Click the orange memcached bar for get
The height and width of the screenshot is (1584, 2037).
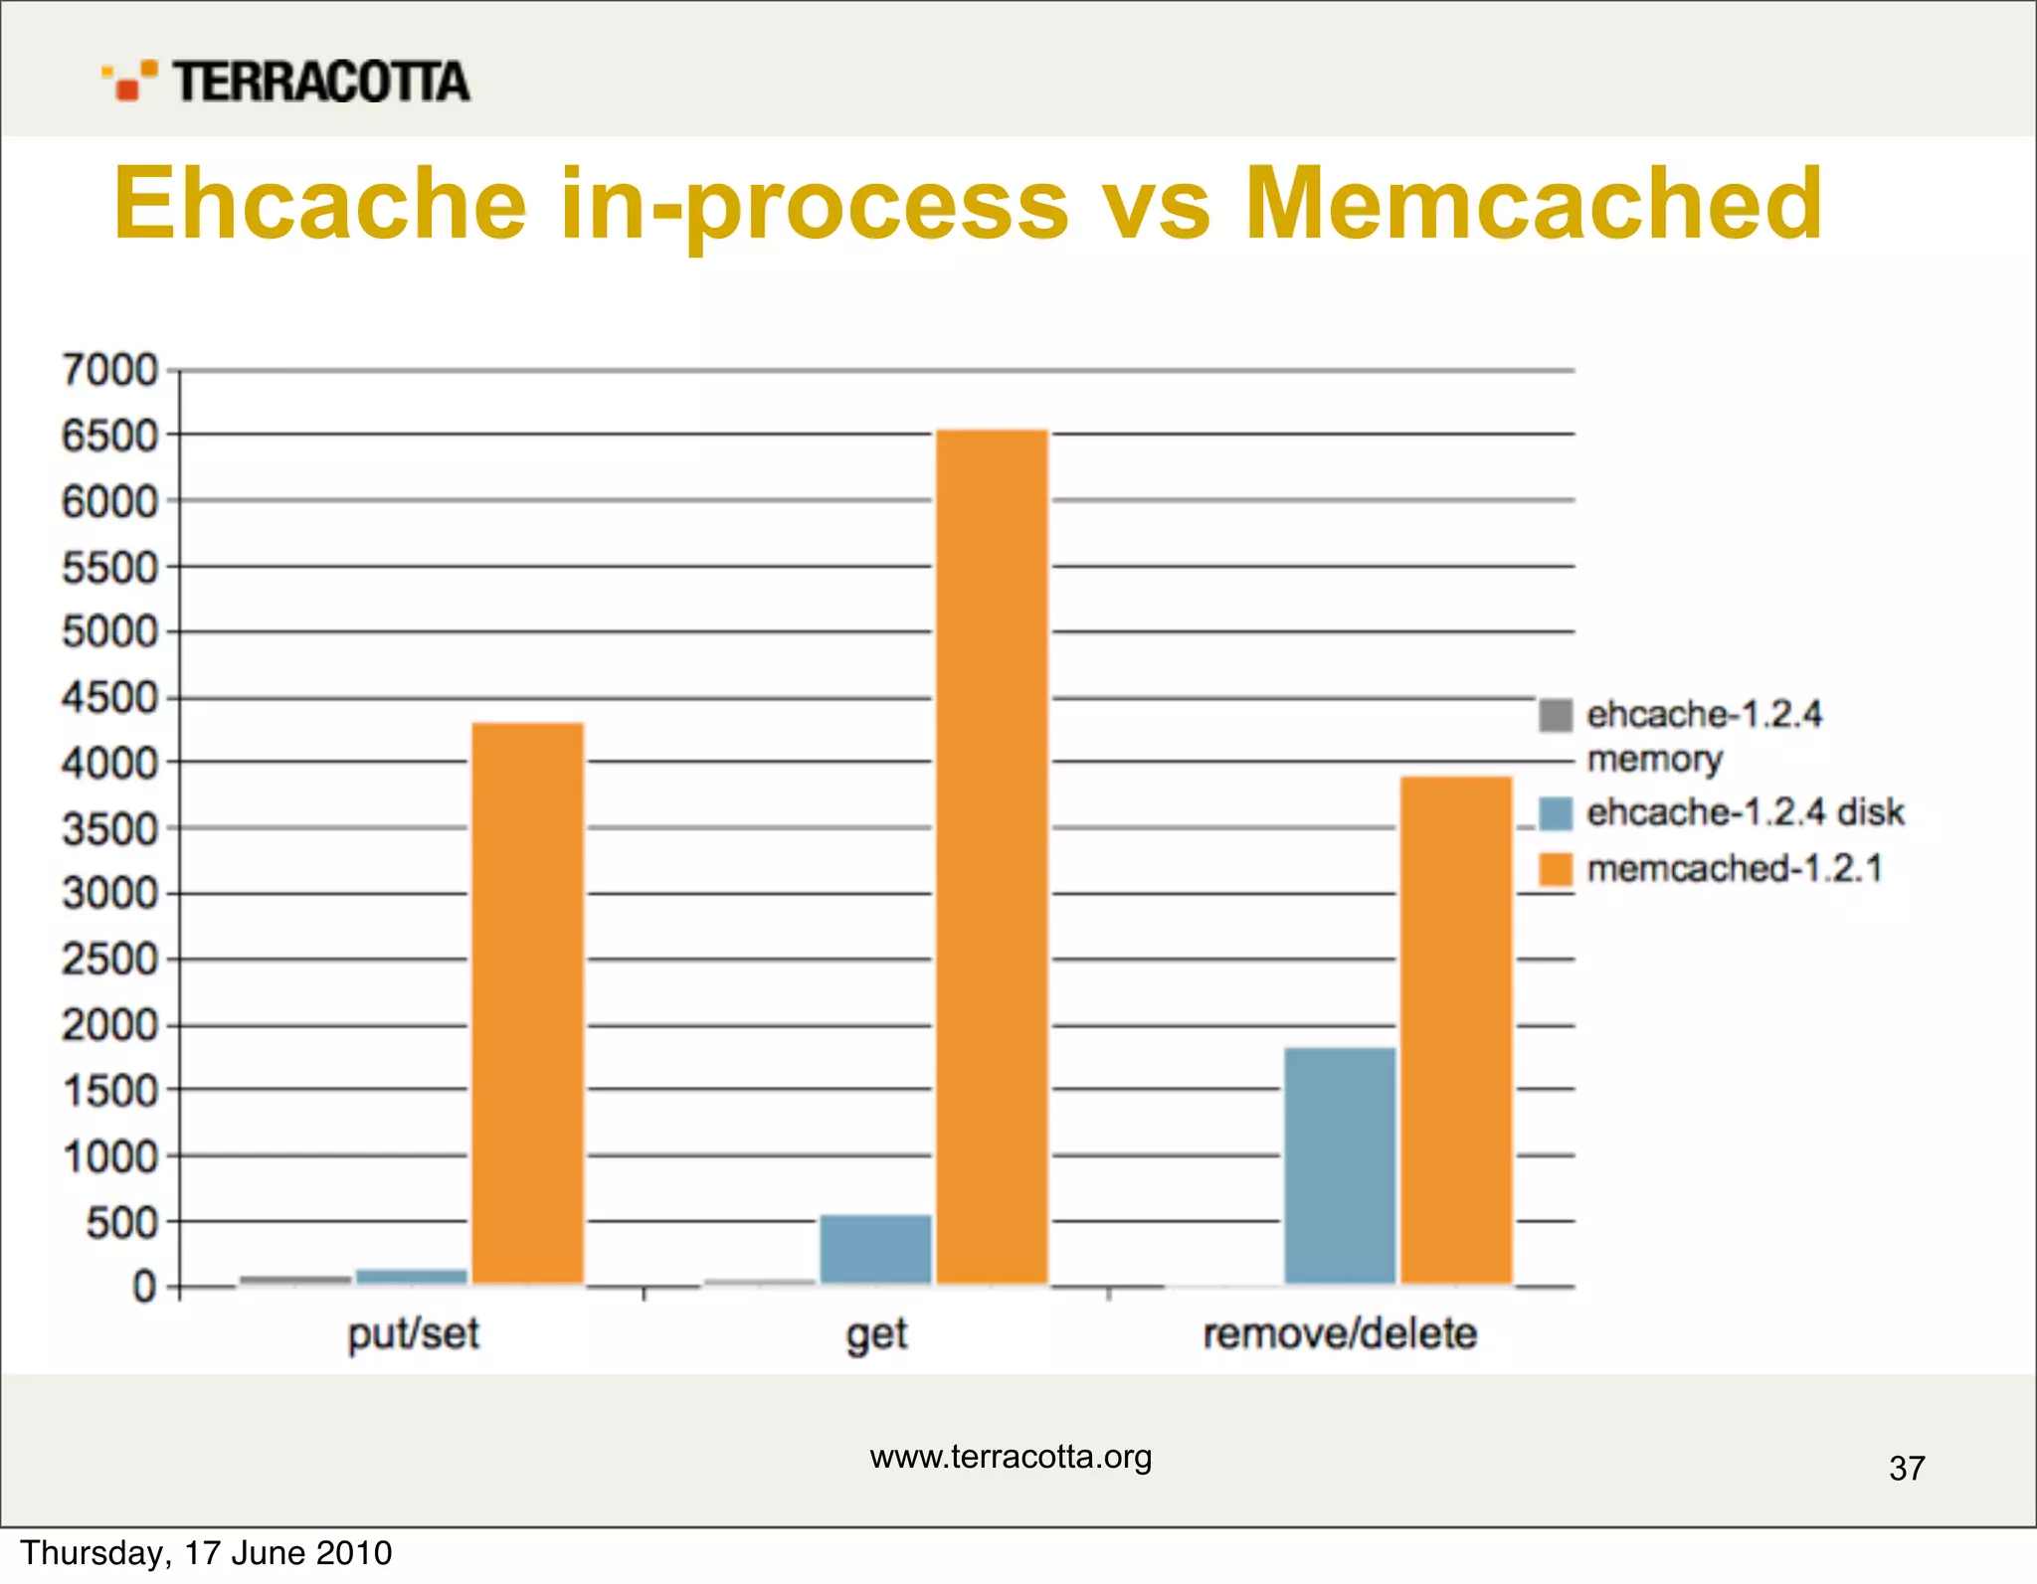point(992,855)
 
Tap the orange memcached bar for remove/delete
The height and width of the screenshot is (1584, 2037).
point(1456,1029)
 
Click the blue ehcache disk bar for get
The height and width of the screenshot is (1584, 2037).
point(875,1249)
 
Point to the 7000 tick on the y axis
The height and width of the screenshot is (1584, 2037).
point(109,370)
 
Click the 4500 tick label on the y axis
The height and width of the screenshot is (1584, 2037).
point(109,698)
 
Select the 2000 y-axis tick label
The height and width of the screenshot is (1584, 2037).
point(109,1025)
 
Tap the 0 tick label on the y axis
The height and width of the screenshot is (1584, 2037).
point(144,1287)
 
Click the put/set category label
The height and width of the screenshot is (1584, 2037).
point(413,1333)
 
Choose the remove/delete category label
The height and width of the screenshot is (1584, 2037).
point(1340,1333)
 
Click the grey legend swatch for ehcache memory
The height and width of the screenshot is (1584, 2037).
point(1556,715)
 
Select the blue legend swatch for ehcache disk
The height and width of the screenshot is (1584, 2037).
point(1556,812)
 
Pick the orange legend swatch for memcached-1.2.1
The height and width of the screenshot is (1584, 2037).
point(1556,869)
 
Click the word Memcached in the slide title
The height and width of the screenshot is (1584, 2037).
point(1533,203)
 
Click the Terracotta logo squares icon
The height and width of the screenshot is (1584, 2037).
point(129,81)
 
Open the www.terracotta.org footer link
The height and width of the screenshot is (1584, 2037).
point(1011,1457)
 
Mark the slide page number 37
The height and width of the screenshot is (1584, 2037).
point(1907,1469)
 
